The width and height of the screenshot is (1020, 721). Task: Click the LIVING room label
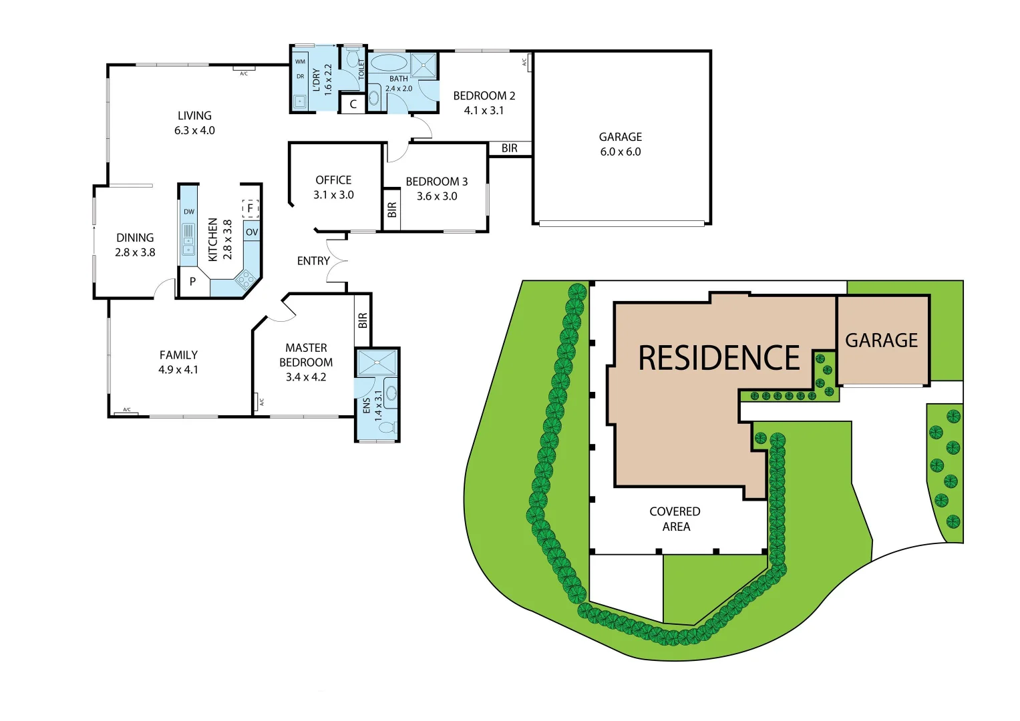click(194, 116)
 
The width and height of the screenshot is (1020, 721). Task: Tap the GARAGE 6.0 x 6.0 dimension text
click(620, 152)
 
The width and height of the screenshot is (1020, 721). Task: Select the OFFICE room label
click(333, 180)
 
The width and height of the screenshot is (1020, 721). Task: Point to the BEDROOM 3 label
click(437, 182)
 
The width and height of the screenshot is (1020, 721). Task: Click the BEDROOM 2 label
click(484, 96)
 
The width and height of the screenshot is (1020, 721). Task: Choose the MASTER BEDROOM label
click(306, 355)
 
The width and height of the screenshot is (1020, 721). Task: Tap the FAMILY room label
click(178, 355)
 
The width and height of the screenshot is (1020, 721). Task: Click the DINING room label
click(135, 238)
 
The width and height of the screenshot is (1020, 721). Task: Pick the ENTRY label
click(313, 261)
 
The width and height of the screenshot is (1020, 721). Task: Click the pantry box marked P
click(192, 282)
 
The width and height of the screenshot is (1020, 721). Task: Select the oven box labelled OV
click(252, 232)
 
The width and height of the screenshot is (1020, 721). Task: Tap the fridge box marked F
click(250, 208)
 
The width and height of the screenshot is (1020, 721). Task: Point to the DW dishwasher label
click(189, 212)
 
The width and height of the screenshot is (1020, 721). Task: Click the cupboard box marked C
click(353, 104)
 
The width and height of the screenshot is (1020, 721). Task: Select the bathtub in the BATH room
click(388, 63)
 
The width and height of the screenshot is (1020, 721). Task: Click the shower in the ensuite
click(377, 363)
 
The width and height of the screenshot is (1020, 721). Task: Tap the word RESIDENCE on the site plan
click(719, 358)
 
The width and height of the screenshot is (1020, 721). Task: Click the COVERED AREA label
click(675, 519)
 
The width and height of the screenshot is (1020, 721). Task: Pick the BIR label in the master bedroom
click(363, 320)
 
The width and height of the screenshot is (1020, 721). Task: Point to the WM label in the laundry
click(300, 62)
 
